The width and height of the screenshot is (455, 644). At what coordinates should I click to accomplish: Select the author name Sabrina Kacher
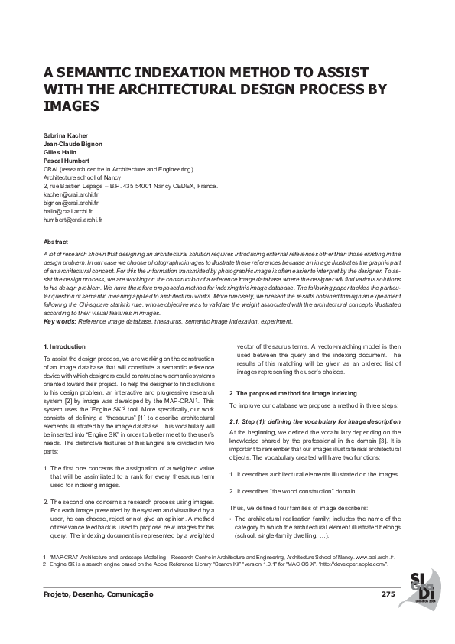(67, 135)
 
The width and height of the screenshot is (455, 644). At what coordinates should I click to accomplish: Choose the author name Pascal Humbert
(67, 161)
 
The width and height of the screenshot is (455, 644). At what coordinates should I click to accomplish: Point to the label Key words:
(60, 321)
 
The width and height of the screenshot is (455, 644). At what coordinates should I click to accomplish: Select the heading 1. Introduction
(64, 346)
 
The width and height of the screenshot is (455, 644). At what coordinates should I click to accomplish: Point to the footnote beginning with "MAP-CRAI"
(222, 558)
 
